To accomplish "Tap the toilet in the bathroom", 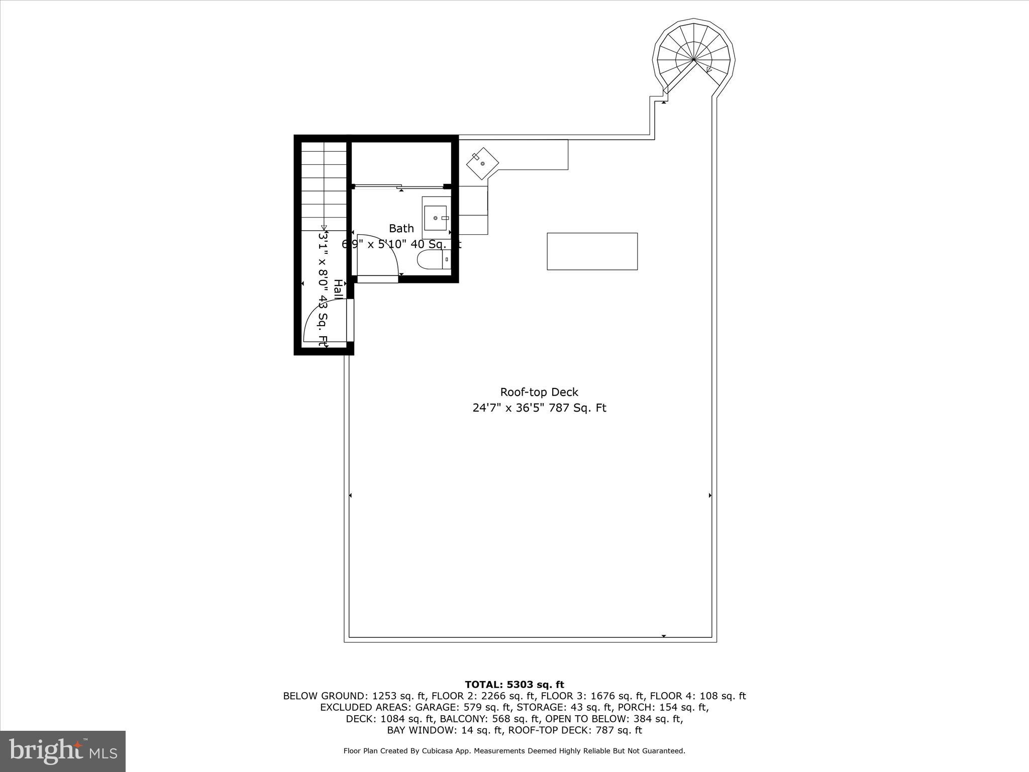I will click(x=430, y=260).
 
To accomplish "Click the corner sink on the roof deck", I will click(x=482, y=163).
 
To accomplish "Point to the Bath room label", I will click(x=401, y=229).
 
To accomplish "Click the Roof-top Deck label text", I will click(x=539, y=392).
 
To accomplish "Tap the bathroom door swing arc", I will click(x=382, y=251).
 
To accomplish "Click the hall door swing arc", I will click(x=322, y=322).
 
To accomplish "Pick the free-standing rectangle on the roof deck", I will click(x=592, y=251).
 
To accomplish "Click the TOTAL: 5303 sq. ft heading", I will click(x=514, y=685).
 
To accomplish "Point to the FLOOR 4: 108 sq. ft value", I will click(x=698, y=696).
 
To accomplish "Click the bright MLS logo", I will click(x=63, y=751).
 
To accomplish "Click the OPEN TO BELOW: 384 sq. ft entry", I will click(x=614, y=719).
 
